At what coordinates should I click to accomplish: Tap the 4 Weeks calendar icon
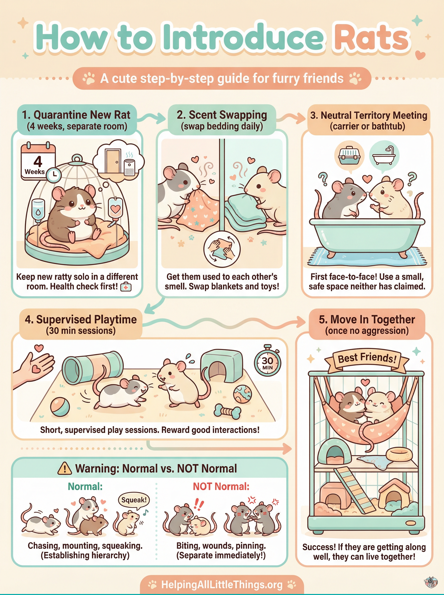click(38, 161)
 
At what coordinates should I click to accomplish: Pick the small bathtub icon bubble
click(384, 155)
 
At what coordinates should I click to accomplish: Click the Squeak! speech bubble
click(134, 500)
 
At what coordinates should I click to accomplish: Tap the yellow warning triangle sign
click(64, 469)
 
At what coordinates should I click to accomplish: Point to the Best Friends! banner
click(367, 358)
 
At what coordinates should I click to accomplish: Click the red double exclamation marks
click(199, 504)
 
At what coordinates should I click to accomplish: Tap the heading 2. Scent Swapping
click(222, 115)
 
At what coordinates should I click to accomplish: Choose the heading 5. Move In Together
click(367, 320)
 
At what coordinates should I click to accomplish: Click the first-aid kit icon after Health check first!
click(126, 287)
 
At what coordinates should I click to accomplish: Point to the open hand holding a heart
click(35, 365)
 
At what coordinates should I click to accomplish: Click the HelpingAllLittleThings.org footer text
click(222, 585)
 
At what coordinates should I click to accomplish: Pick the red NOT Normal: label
click(221, 486)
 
